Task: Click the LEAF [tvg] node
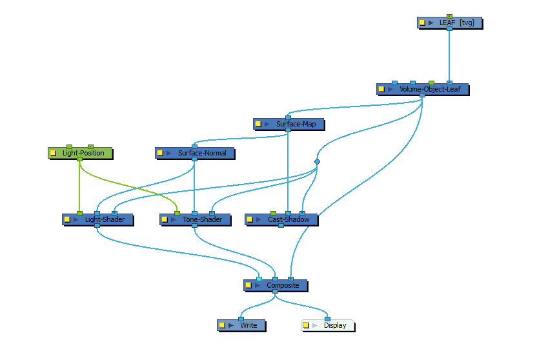click(x=450, y=23)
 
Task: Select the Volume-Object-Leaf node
click(x=423, y=89)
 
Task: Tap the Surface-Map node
click(x=289, y=125)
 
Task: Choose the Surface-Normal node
click(x=195, y=154)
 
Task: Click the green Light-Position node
click(x=80, y=154)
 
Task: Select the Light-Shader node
click(x=97, y=220)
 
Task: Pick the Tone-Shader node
click(x=195, y=220)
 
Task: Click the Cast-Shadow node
click(x=281, y=220)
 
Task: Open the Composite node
click(x=276, y=285)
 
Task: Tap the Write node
click(x=241, y=325)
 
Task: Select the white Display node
click(x=328, y=325)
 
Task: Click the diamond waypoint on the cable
click(x=317, y=161)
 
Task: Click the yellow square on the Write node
click(x=222, y=325)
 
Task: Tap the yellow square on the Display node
click(x=306, y=325)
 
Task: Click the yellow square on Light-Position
click(x=53, y=153)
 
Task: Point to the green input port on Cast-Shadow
click(x=273, y=213)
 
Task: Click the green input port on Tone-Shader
click(x=177, y=213)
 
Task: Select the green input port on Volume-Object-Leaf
click(x=432, y=83)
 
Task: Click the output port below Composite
click(x=276, y=292)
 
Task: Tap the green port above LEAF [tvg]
click(x=450, y=16)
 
